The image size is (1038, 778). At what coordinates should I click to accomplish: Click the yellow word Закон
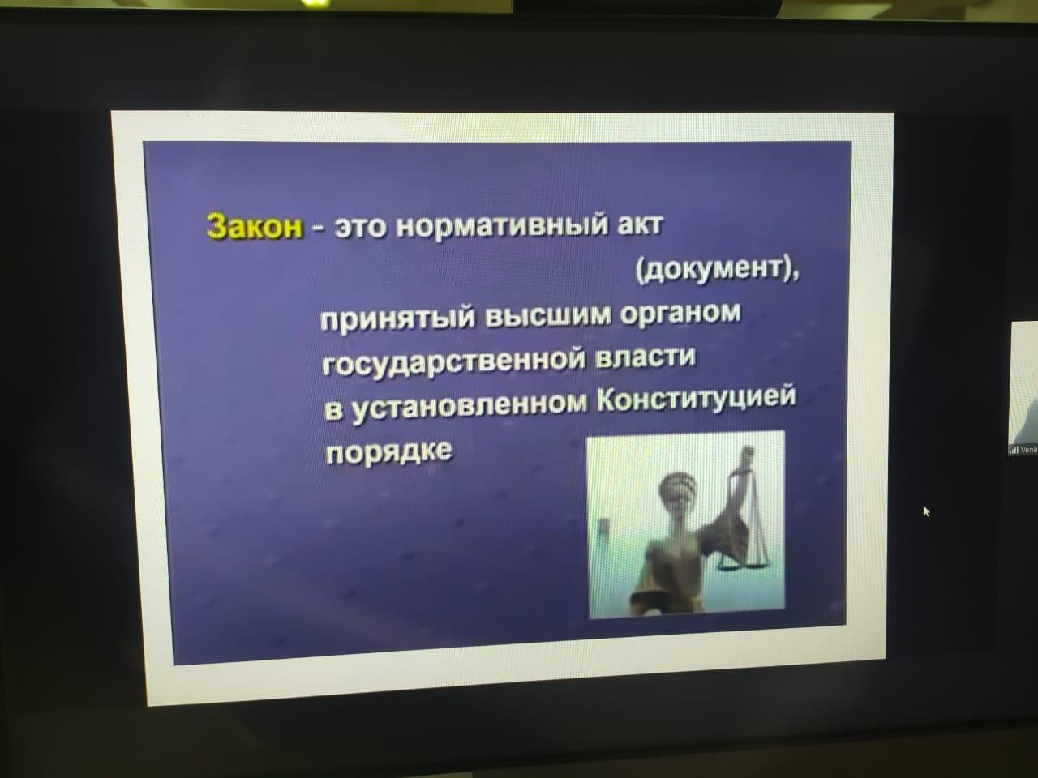pos(255,226)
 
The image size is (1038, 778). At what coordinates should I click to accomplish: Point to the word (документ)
pos(716,272)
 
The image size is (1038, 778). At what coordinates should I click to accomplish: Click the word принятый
pos(397,318)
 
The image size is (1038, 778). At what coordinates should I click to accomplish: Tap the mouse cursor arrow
pos(926,511)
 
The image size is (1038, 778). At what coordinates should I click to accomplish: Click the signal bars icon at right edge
pos(1013,450)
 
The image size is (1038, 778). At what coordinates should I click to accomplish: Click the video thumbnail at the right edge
pos(1024,388)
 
